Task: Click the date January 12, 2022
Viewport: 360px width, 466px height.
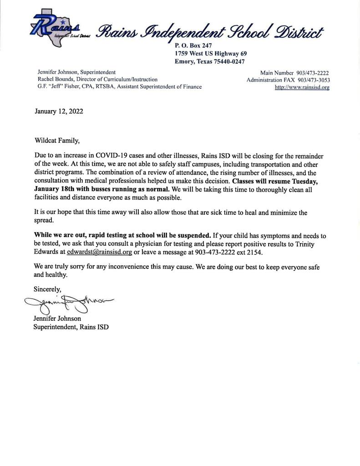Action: tap(59, 111)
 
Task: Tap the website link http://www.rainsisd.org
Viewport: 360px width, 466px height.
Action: tap(302, 87)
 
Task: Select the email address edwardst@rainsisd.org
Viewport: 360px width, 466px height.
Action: tap(99, 252)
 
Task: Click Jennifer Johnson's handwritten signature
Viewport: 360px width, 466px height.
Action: tap(68, 303)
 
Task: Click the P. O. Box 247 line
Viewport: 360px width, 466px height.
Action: tap(193, 46)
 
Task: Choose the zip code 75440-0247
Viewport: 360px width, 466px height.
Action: tap(229, 61)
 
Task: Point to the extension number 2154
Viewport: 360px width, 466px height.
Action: tap(254, 252)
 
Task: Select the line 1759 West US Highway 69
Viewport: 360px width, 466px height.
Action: tap(211, 53)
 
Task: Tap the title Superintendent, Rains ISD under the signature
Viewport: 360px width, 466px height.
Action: tap(71, 327)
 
